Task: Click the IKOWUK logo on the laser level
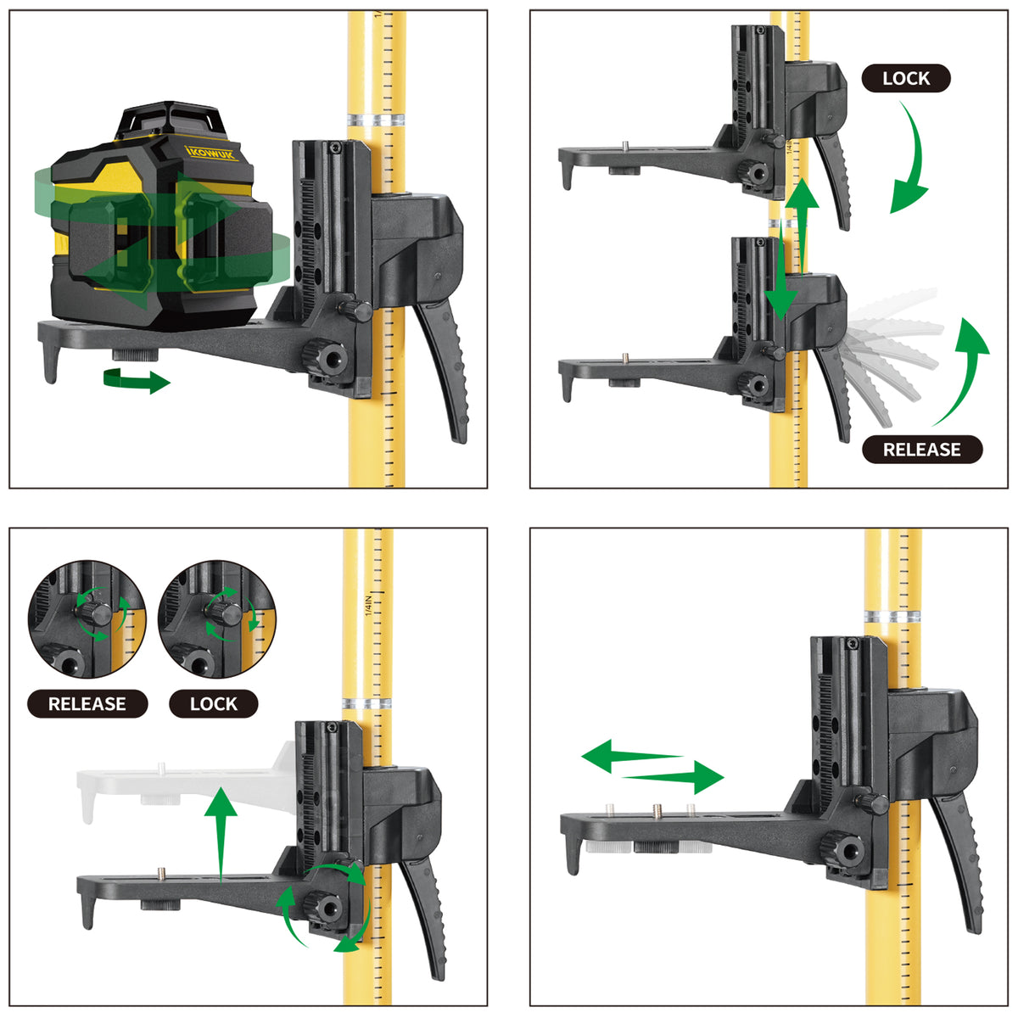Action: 211,153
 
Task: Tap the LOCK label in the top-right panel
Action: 905,79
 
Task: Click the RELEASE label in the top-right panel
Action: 922,450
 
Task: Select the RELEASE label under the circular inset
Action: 87,703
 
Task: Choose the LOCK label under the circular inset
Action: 214,703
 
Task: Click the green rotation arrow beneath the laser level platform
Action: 137,380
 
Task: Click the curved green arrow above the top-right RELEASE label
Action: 967,370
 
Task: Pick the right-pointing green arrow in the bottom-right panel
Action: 674,777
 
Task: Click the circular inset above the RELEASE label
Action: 87,618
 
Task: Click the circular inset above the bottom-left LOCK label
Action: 216,618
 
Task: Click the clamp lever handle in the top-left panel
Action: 443,370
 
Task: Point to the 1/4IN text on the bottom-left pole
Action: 368,606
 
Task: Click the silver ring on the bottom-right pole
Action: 892,616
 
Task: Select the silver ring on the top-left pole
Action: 376,119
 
